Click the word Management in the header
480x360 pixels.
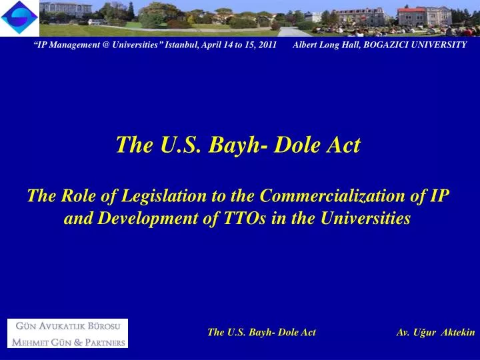[73, 45]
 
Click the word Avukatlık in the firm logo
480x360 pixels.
[65, 327]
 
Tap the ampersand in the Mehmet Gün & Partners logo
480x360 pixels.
[78, 343]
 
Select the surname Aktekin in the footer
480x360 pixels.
[458, 332]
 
